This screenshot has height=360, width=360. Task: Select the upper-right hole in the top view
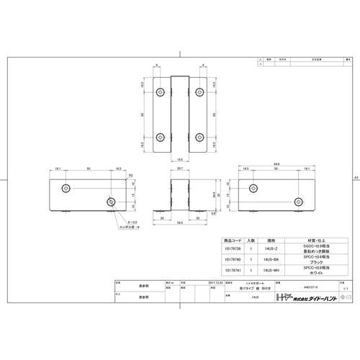200,94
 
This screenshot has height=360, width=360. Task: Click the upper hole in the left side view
67,187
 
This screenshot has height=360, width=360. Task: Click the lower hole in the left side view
111,201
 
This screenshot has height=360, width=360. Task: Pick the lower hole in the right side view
298,201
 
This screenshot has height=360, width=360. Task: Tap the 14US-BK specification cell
271,258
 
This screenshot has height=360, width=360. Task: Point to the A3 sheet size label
355,177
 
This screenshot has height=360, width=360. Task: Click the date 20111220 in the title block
215,283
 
